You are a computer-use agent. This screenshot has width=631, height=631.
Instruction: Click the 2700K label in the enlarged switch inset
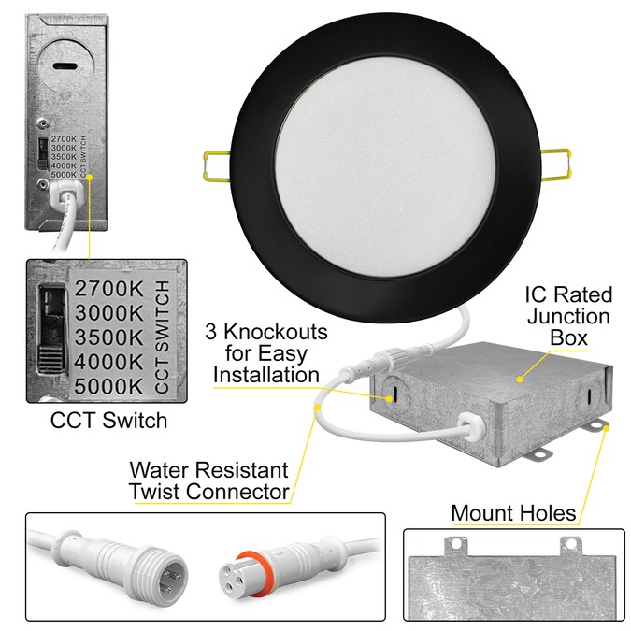click(109, 288)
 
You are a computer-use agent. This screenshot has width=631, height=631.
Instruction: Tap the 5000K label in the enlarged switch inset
click(109, 386)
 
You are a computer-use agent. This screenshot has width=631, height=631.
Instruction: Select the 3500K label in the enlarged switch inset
click(109, 337)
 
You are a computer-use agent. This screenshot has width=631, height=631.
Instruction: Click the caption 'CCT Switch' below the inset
click(108, 421)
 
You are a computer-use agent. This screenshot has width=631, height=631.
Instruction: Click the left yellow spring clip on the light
click(217, 165)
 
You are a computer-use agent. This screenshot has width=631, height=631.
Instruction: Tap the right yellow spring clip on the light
click(555, 165)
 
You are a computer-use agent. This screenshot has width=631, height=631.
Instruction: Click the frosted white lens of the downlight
click(385, 169)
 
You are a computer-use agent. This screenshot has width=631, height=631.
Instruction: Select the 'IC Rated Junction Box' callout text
click(568, 316)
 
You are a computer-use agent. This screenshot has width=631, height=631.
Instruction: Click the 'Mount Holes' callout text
click(513, 513)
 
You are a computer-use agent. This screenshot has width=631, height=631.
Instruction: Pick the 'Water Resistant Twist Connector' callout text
click(209, 480)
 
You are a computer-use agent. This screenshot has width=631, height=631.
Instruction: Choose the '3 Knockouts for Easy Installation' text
click(266, 353)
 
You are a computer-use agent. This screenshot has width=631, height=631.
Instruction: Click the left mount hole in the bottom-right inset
click(456, 544)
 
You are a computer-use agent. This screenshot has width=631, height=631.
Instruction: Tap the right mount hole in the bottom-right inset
click(571, 544)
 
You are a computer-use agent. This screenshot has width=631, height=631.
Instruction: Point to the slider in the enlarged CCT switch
click(50, 357)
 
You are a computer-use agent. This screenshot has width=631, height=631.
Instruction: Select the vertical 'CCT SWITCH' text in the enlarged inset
click(162, 337)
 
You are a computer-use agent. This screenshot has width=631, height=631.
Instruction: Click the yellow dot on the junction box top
click(520, 380)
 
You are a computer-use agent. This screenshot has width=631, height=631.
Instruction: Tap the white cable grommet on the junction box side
click(471, 424)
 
